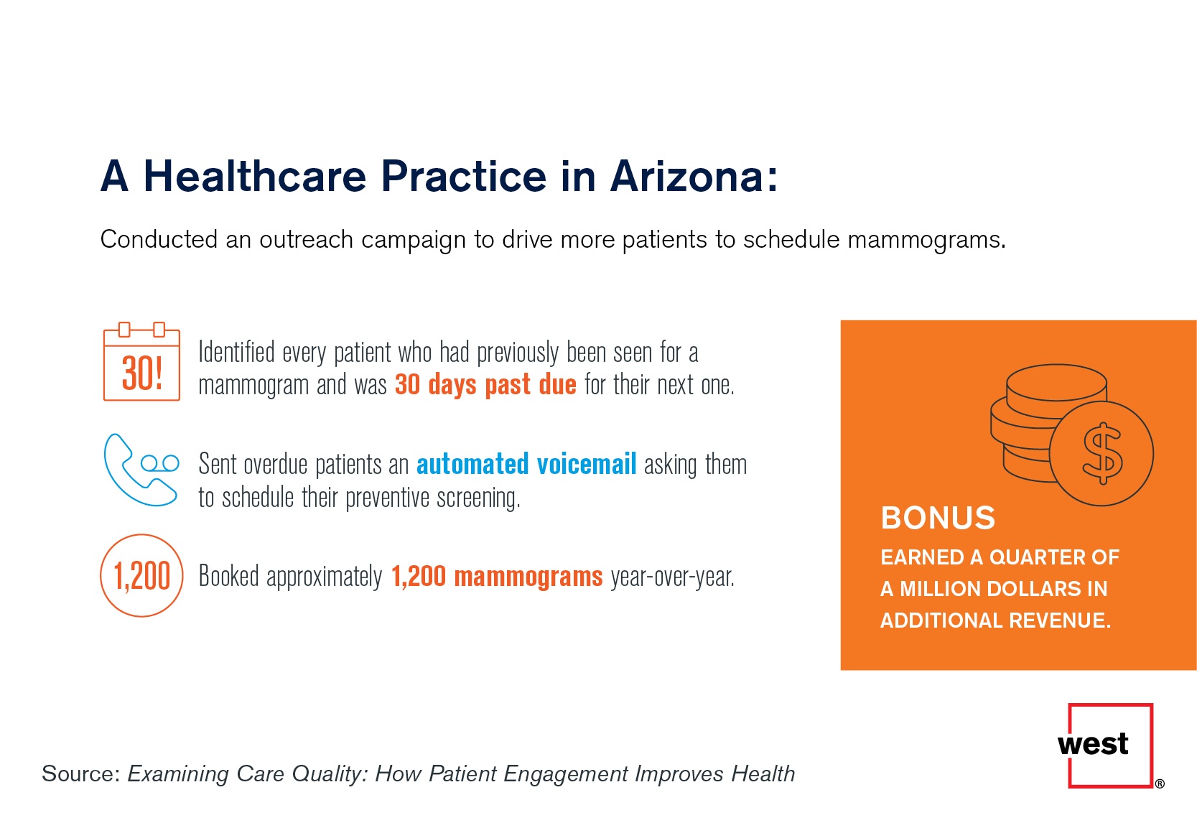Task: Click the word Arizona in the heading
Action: tap(694, 176)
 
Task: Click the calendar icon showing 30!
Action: tap(141, 361)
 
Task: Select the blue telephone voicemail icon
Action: tap(141, 470)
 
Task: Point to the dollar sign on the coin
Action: tap(1102, 453)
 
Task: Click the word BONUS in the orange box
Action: tap(938, 517)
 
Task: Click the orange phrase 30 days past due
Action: tap(485, 385)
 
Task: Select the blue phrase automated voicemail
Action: tap(526, 463)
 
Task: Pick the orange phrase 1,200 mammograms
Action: tap(497, 576)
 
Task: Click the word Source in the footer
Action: tap(81, 773)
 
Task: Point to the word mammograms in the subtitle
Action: tap(926, 240)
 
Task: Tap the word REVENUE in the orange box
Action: tap(1060, 620)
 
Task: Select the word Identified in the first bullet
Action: tap(236, 352)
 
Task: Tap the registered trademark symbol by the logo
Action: tap(1160, 784)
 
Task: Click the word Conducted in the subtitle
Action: tap(159, 239)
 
